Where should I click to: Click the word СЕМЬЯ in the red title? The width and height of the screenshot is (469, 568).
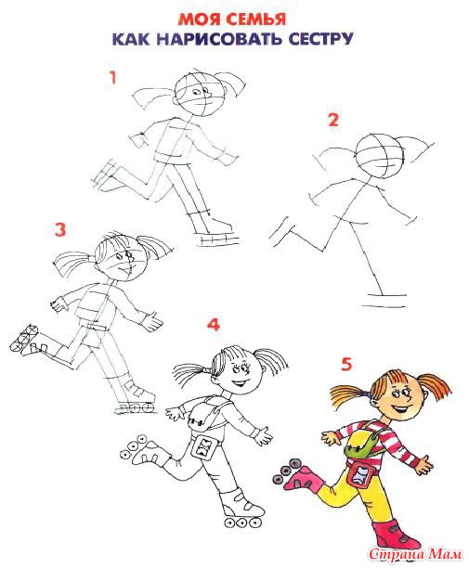(256, 19)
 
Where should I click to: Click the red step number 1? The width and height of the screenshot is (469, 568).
(113, 78)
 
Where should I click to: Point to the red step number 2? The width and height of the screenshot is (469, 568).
(333, 120)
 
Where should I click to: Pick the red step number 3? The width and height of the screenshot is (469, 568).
(60, 229)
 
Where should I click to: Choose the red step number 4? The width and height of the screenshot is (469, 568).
(214, 325)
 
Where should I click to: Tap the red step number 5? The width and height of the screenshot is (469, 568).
(346, 364)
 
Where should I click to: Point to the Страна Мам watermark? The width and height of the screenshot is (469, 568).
(416, 554)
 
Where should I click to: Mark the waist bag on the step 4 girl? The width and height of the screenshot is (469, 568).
(204, 446)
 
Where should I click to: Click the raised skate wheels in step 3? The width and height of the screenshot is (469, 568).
(24, 338)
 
